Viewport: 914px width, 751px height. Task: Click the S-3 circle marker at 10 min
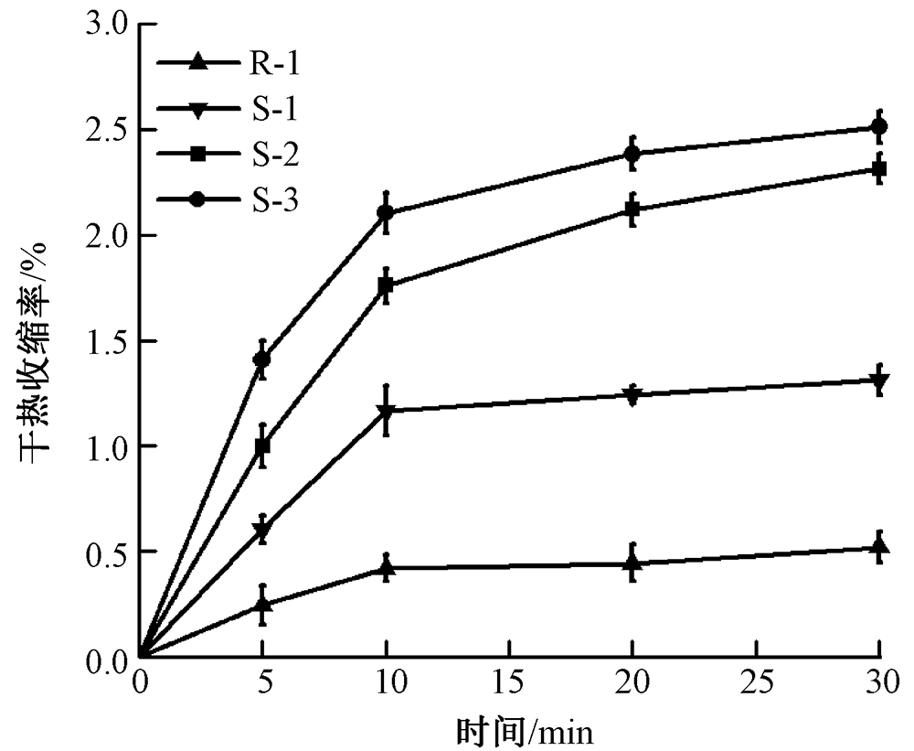click(x=386, y=213)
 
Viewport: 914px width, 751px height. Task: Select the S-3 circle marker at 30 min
click(x=878, y=127)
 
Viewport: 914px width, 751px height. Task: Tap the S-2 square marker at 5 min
click(x=262, y=447)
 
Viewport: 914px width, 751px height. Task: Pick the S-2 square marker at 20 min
click(x=632, y=209)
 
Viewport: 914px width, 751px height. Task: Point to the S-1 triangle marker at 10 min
click(x=386, y=412)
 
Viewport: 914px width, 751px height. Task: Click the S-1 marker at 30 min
click(x=878, y=381)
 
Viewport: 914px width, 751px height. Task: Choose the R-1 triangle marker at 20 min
click(x=632, y=563)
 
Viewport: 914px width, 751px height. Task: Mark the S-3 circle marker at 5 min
click(x=262, y=359)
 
